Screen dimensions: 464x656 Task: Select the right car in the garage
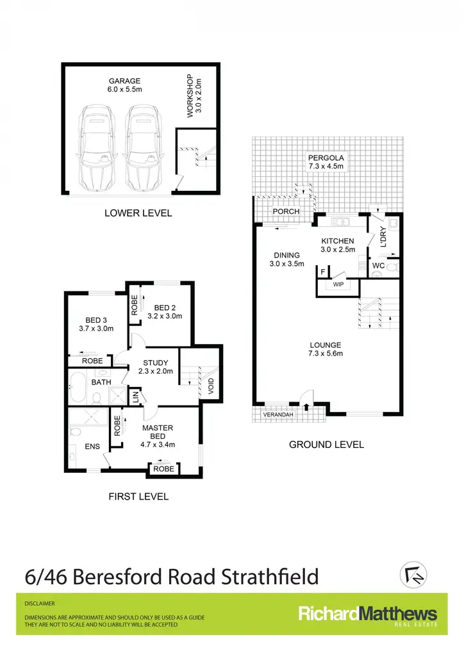[x=144, y=147]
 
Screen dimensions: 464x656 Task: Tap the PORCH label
[x=286, y=211]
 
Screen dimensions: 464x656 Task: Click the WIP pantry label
[x=338, y=284]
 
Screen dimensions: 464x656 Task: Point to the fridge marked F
[x=322, y=272]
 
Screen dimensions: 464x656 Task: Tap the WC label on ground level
[x=378, y=265]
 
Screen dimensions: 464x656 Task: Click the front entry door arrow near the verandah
[x=307, y=407]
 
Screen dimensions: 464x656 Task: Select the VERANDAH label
[x=278, y=414]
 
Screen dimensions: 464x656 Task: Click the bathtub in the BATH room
[x=78, y=387]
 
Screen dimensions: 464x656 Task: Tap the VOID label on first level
[x=211, y=386]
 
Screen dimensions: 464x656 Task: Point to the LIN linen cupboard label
[x=136, y=397]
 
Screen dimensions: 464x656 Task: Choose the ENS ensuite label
[x=92, y=447]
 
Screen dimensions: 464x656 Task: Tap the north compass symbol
[x=413, y=575]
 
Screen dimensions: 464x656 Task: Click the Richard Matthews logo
[x=368, y=616]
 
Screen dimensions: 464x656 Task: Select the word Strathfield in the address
[x=270, y=577]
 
